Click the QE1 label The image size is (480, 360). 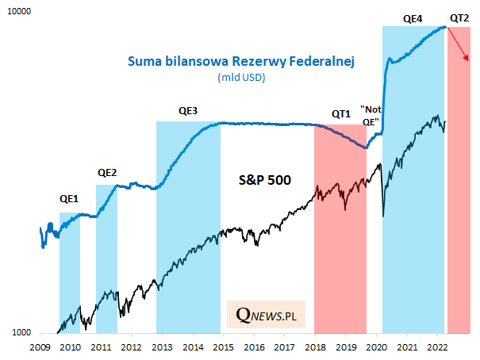69,199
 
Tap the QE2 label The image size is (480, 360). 106,172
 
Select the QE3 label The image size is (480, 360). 188,110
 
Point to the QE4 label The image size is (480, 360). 413,17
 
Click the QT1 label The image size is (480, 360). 340,113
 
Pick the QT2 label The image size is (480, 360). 459,17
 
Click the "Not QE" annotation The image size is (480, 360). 370,115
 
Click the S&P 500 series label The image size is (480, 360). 266,180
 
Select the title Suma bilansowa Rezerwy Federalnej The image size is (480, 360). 240,60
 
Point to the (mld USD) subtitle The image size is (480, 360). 240,78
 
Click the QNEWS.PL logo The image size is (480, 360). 266,316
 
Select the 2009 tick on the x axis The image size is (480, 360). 40,347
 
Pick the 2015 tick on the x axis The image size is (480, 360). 223,347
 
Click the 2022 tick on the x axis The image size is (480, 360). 437,347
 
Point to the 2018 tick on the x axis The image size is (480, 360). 315,347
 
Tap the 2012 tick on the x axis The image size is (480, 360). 131,347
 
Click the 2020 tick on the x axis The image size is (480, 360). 376,347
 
